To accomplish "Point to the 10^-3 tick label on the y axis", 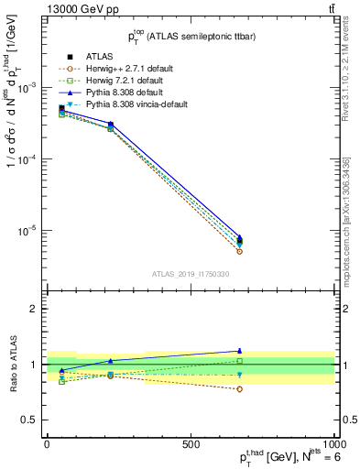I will click(26, 87).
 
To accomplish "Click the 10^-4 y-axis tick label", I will click(26, 158).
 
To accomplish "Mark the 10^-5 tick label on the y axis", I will click(26, 231).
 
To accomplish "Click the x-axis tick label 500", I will click(191, 444).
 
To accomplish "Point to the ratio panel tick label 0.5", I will click(28, 420).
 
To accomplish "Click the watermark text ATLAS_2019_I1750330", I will click(190, 274).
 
